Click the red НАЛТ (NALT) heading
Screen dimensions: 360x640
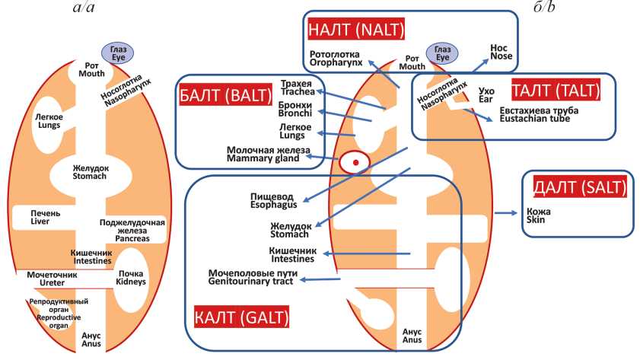tap(355, 30)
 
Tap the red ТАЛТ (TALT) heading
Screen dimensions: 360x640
tap(558, 91)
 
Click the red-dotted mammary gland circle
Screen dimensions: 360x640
tap(354, 161)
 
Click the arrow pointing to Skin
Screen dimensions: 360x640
tap(505, 213)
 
